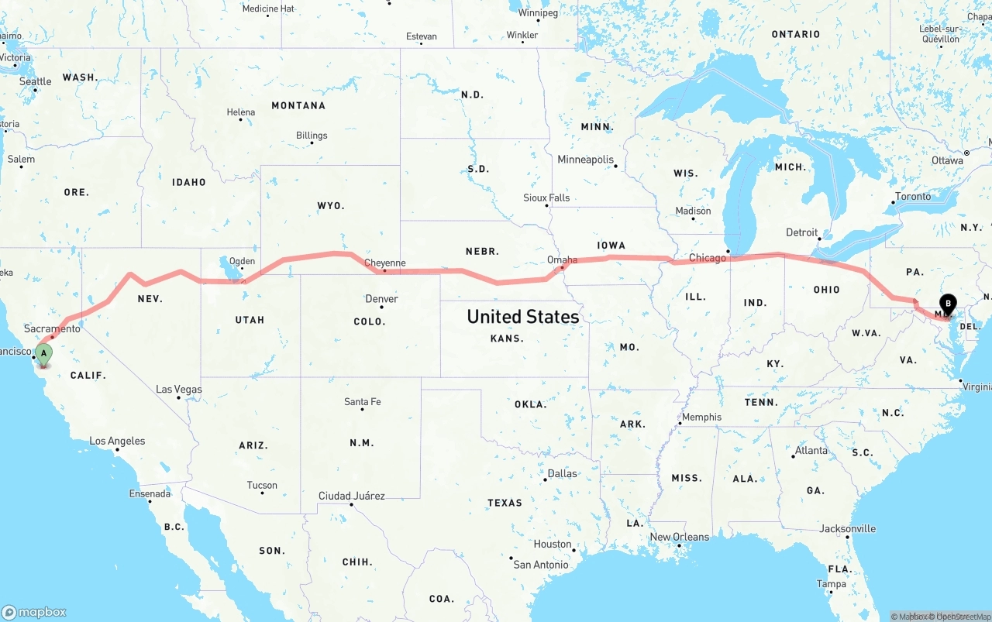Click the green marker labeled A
(44, 355)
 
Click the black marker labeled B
(947, 305)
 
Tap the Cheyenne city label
(385, 263)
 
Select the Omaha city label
(562, 260)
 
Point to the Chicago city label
(707, 258)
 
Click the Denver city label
(381, 299)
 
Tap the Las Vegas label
(179, 390)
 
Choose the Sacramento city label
(52, 329)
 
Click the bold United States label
(522, 317)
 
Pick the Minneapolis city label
(585, 160)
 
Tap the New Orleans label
(679, 537)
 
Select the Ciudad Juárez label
(351, 496)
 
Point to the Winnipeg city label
(538, 13)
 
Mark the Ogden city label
(242, 261)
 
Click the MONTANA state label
(298, 105)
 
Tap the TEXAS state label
(505, 503)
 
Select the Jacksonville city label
(847, 529)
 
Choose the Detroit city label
(801, 232)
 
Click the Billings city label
(312, 136)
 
